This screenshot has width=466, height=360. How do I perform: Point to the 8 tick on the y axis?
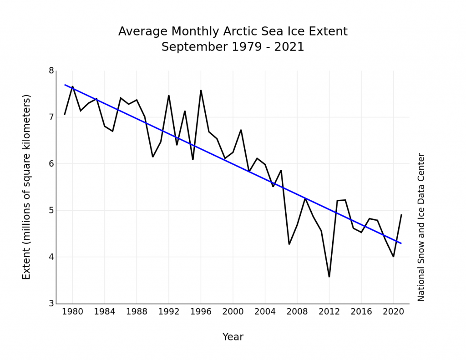[51, 71]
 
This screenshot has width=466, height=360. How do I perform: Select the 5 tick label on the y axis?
[51, 210]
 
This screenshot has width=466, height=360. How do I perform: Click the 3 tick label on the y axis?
[51, 304]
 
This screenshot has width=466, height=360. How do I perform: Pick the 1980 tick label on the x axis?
[72, 312]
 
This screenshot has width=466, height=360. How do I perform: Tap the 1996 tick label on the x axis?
[201, 312]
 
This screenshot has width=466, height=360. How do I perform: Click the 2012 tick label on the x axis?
[329, 312]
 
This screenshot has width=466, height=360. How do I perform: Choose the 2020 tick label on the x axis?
[393, 312]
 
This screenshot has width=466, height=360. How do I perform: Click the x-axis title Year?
[233, 337]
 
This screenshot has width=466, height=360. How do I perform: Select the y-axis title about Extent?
[26, 187]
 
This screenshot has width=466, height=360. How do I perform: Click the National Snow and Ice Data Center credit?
[421, 227]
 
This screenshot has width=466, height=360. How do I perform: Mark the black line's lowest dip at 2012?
[329, 277]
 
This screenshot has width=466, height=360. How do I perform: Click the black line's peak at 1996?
[201, 90]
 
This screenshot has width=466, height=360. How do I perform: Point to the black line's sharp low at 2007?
[289, 244]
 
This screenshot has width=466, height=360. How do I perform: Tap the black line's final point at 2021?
[401, 215]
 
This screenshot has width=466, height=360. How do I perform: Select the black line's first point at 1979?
[65, 114]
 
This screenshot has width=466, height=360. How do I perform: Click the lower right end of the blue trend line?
[401, 243]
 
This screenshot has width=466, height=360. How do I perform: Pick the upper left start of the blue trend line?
[65, 85]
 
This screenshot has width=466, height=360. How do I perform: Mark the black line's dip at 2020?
[393, 257]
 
